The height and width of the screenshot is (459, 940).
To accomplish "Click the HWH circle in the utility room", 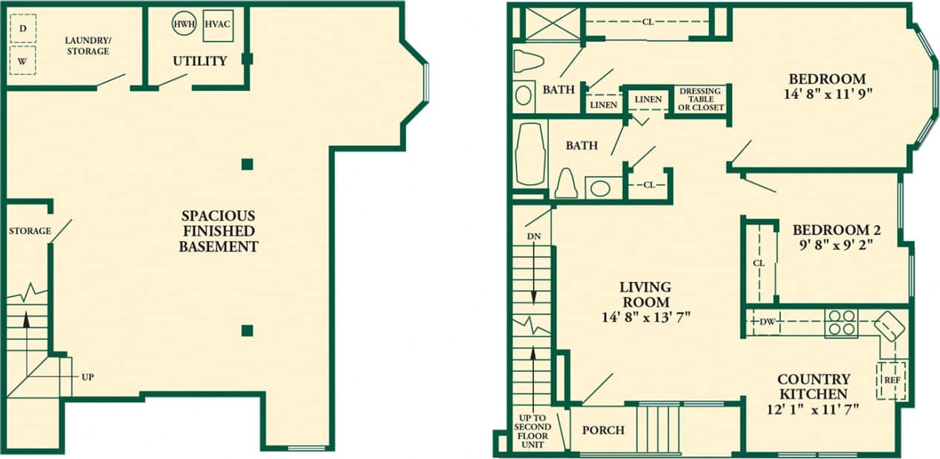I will click(x=184, y=24).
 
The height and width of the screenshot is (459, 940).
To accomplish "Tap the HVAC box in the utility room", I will click(x=217, y=24).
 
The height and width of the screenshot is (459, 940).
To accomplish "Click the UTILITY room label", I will click(x=199, y=61).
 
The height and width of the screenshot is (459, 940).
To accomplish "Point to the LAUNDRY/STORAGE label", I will click(x=87, y=45).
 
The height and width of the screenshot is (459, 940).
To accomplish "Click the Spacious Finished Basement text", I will click(x=218, y=231).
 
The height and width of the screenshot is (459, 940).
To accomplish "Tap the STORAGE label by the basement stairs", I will click(x=30, y=231).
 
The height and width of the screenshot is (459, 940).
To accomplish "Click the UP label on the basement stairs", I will click(x=88, y=377).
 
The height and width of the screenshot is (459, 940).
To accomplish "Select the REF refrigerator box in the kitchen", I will click(x=892, y=380).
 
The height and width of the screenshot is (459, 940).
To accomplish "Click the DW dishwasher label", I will click(x=767, y=322).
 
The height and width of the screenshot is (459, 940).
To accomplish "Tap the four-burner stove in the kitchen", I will click(x=841, y=323).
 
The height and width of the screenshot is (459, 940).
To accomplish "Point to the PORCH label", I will click(x=603, y=430).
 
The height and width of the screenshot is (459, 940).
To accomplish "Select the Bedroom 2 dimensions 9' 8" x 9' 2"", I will click(x=831, y=246).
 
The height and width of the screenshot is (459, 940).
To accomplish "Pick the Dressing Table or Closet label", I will click(x=701, y=99).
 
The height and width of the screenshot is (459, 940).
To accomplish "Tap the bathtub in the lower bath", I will click(x=530, y=154).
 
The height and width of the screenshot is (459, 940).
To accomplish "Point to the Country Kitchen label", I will click(x=813, y=386).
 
